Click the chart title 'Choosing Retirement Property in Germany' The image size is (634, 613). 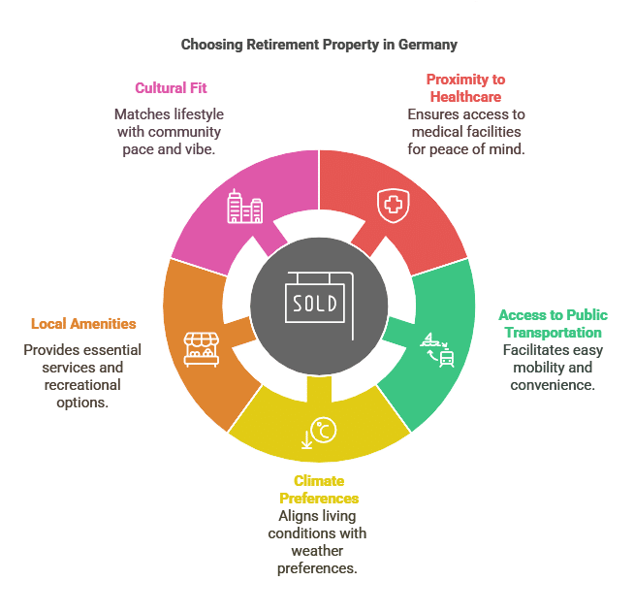(x=319, y=45)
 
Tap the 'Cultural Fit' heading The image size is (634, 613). (x=171, y=88)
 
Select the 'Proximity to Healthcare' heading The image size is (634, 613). (x=465, y=88)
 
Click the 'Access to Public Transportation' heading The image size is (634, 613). (x=553, y=323)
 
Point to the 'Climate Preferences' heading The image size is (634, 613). (x=319, y=489)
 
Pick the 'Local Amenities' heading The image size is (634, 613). (x=83, y=324)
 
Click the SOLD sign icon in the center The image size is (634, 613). (x=319, y=306)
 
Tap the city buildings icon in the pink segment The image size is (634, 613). (x=245, y=207)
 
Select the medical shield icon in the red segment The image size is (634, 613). (x=393, y=206)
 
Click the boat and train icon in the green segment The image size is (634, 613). (x=437, y=350)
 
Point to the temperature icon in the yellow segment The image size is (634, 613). (x=320, y=433)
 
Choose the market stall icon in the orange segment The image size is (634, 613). (x=202, y=349)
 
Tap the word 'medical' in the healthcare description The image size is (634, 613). (x=437, y=132)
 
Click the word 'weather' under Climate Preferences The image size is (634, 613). (x=317, y=551)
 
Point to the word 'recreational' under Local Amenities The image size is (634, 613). (x=82, y=385)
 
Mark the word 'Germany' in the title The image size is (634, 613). (x=428, y=45)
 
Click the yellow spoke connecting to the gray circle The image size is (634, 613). (x=319, y=389)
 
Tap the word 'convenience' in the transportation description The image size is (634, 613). (x=553, y=385)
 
